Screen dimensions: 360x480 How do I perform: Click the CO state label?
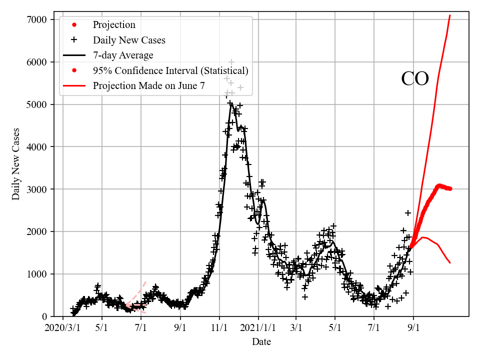[x=415, y=79]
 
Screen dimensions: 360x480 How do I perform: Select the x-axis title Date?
[x=261, y=342]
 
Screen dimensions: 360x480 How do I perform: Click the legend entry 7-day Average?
[x=123, y=55]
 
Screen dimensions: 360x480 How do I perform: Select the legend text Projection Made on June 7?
[x=148, y=85]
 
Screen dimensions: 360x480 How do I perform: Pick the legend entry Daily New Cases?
[x=129, y=40]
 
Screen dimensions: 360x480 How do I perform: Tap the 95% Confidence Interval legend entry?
[x=170, y=70]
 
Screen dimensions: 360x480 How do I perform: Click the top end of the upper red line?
[x=450, y=15]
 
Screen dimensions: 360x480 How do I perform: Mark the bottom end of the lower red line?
[x=450, y=262]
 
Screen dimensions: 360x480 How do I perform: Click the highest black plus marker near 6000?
[x=231, y=62]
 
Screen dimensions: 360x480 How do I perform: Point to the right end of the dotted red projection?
[x=450, y=188]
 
